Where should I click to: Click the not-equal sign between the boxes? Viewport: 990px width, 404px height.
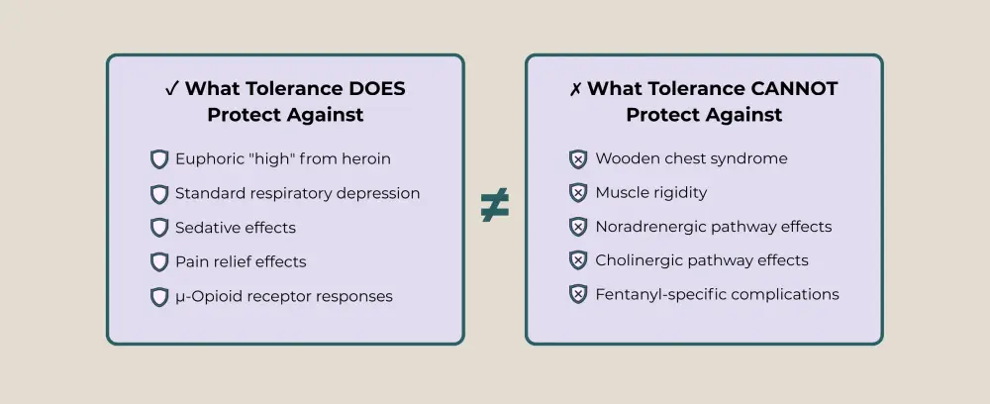pyautogui.click(x=494, y=205)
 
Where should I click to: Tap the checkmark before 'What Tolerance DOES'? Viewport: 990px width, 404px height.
pyautogui.click(x=171, y=89)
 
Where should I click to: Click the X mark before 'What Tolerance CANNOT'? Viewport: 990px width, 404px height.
pyautogui.click(x=575, y=89)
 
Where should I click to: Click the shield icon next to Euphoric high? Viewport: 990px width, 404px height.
pyautogui.click(x=159, y=159)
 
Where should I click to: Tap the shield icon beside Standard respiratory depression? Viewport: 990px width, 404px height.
pyautogui.click(x=159, y=194)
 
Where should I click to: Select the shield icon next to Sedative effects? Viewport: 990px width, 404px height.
pyautogui.click(x=159, y=228)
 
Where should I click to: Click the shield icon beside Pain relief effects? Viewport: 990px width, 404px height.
pyautogui.click(x=159, y=262)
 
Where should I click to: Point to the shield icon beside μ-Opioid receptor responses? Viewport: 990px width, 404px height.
pyautogui.click(x=159, y=296)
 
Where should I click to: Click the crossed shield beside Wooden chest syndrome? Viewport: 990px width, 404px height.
pyautogui.click(x=578, y=159)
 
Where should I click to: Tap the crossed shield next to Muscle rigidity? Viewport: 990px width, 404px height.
pyautogui.click(x=578, y=193)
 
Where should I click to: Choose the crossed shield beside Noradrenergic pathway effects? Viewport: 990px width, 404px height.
pyautogui.click(x=578, y=227)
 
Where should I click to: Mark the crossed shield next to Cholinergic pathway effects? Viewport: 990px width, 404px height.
pyautogui.click(x=578, y=260)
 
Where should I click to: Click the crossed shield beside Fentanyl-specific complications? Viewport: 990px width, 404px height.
pyautogui.click(x=578, y=294)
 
